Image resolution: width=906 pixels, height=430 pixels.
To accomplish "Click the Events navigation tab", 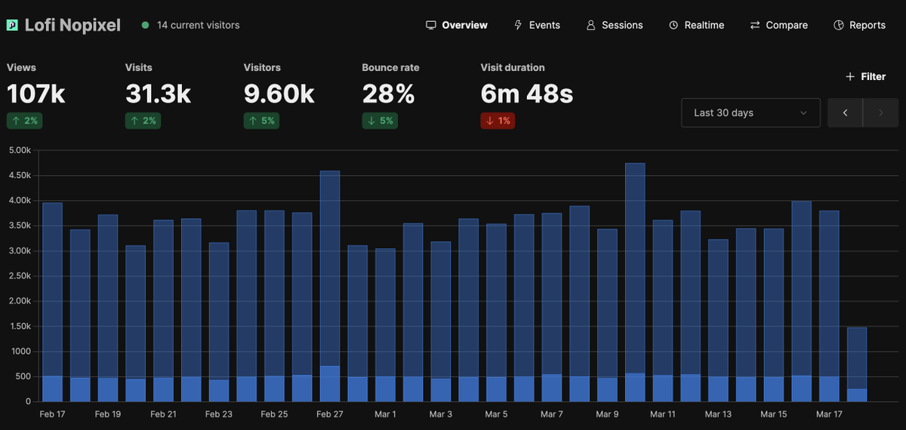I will [x=537, y=25].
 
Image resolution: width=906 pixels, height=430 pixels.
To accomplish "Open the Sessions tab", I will [x=615, y=25].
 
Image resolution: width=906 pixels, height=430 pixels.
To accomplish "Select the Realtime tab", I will [x=696, y=25].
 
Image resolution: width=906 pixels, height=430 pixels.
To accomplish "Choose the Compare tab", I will [x=778, y=25].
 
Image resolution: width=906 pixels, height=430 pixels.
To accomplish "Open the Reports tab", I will [x=859, y=25].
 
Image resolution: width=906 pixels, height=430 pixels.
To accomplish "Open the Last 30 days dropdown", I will [x=750, y=112].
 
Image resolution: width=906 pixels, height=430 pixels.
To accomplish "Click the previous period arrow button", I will [x=846, y=112].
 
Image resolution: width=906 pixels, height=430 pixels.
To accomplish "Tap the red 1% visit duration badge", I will [x=498, y=121].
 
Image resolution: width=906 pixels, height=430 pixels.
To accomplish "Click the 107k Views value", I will [x=36, y=94].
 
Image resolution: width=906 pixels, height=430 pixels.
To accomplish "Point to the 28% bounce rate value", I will [x=388, y=94].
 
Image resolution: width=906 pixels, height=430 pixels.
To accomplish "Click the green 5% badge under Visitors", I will [x=261, y=121].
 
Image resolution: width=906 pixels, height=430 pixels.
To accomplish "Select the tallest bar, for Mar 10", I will [x=635, y=279].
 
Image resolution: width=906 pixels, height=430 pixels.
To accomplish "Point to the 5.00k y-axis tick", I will [x=18, y=150].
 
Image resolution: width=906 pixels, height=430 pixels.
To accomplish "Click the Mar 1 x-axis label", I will [x=385, y=414].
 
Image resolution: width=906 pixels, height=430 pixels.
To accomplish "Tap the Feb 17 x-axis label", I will [x=52, y=414].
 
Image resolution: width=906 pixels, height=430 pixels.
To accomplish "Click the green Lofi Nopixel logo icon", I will [x=12, y=25].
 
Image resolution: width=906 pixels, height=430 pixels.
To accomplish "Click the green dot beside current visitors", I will [x=145, y=25].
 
